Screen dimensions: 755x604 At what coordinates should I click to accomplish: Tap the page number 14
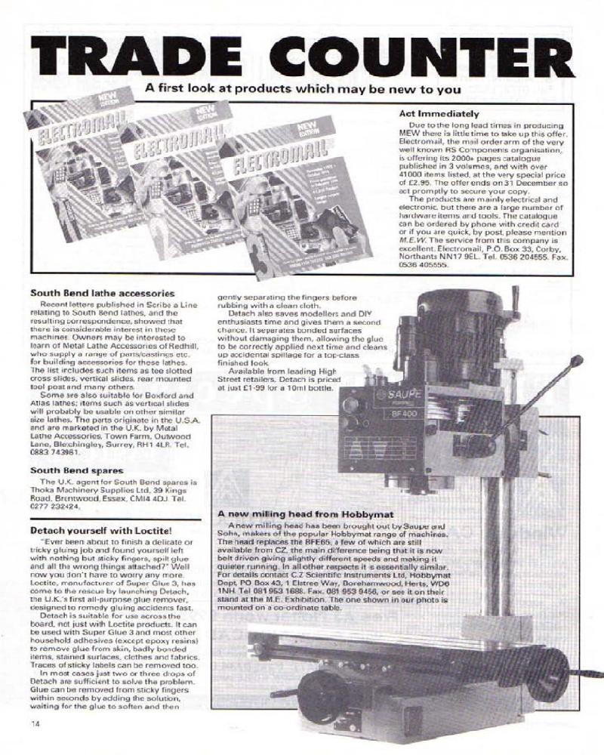click(35, 724)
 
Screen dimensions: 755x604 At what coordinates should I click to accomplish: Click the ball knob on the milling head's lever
click(577, 361)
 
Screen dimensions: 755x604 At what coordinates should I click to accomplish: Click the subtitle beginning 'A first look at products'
click(303, 88)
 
